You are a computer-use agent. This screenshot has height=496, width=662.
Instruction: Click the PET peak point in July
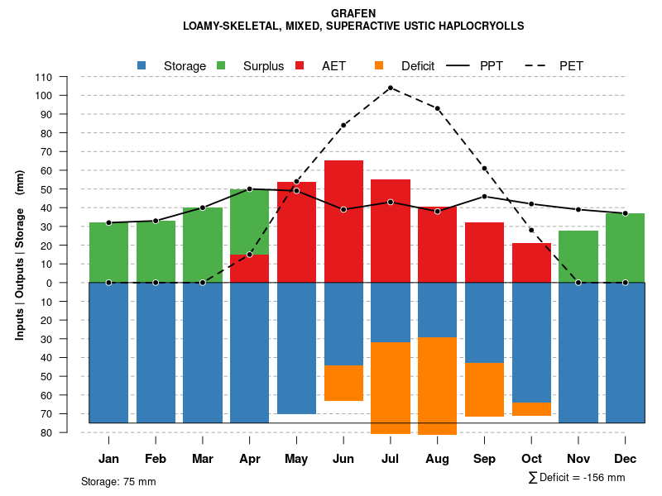(390, 88)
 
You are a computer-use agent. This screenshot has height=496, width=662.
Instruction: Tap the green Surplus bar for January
(109, 252)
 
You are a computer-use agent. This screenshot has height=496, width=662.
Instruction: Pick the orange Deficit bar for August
(437, 385)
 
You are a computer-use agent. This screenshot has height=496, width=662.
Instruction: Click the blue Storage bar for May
(296, 348)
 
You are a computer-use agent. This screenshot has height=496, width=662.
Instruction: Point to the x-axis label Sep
(484, 459)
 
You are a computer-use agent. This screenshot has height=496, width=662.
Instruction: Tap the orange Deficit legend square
(379, 65)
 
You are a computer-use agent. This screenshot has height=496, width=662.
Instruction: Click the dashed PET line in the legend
(537, 65)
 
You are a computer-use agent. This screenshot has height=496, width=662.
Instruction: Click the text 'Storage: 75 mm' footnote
(118, 481)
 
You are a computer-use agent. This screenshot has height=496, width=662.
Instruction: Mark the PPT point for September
(484, 197)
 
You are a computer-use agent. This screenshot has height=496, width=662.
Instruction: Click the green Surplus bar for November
(578, 256)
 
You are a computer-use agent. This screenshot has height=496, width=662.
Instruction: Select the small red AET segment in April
(249, 269)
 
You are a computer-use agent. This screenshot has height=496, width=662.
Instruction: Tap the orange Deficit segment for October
(531, 409)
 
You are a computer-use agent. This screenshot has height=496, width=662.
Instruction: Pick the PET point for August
(437, 108)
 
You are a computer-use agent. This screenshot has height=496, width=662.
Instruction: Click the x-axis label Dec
(625, 459)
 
